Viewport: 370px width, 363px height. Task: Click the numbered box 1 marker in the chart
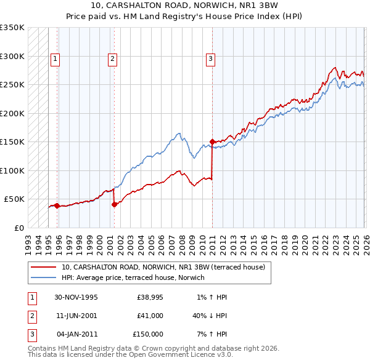[x=55, y=59]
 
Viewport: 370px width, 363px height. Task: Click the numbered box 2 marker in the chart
[x=113, y=59]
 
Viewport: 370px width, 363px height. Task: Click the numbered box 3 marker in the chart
[x=210, y=59]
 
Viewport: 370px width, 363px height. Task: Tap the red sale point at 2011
[x=212, y=142]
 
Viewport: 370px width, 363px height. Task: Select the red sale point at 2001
[x=115, y=205]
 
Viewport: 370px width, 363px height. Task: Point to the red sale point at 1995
[x=57, y=205]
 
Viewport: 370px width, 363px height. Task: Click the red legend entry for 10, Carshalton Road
[x=163, y=267]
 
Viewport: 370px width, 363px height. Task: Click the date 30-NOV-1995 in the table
[x=76, y=297]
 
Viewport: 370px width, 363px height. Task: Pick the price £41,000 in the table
[x=150, y=316]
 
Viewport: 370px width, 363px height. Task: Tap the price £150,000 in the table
[x=148, y=334]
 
